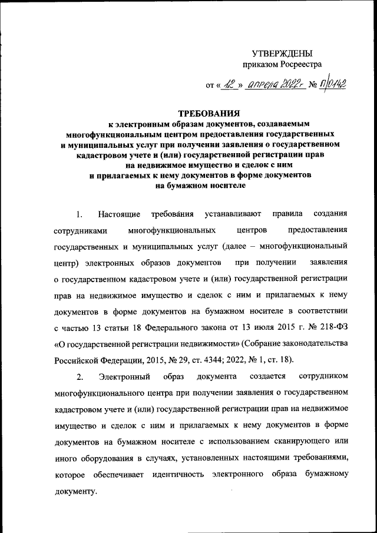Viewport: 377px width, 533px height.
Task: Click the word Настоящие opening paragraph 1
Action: pyautogui.click(x=119, y=213)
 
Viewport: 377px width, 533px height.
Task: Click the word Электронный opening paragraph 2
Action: pyautogui.click(x=121, y=376)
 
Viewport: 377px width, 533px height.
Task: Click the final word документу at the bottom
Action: pyautogui.click(x=74, y=490)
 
